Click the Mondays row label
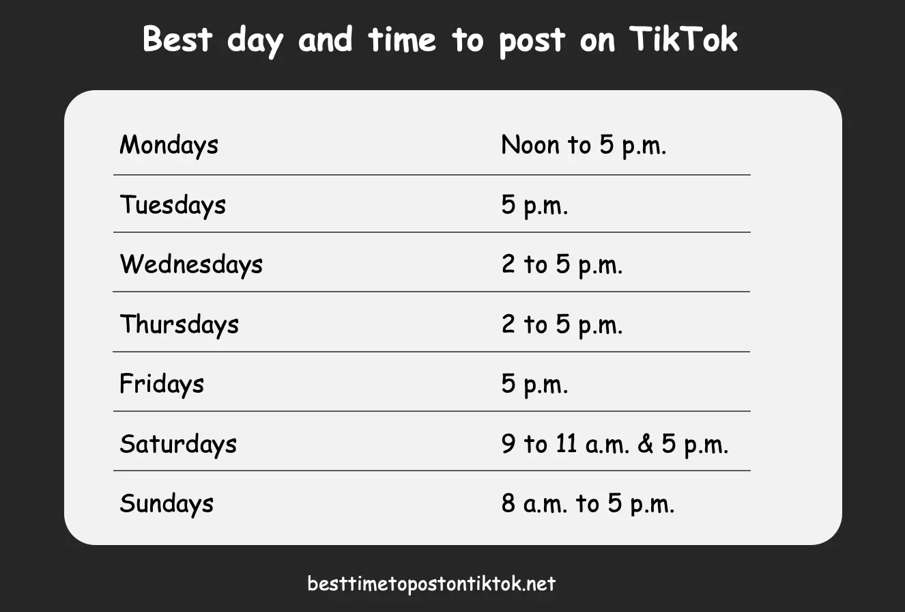click(x=169, y=145)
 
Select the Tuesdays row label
click(x=173, y=205)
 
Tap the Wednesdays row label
click(x=191, y=264)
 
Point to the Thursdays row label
click(x=179, y=324)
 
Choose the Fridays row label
click(x=162, y=384)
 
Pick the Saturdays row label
click(x=178, y=444)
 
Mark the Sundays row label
click(x=167, y=503)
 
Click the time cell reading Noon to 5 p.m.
click(x=584, y=145)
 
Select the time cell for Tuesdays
click(x=534, y=205)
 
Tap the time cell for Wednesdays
click(x=562, y=264)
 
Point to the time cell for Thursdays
click(x=562, y=324)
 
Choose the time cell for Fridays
click(x=534, y=384)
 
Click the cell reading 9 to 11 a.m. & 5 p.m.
click(x=615, y=444)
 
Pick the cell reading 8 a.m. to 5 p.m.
click(x=588, y=503)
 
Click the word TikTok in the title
click(x=683, y=39)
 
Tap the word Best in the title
click(x=178, y=39)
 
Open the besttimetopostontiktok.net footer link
click(x=431, y=584)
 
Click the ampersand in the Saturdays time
click(x=644, y=444)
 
